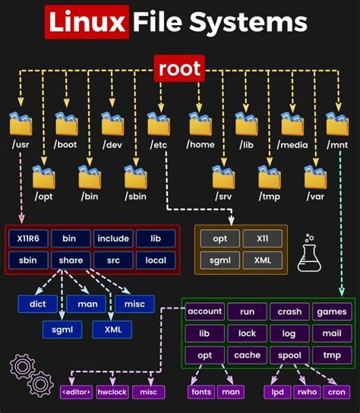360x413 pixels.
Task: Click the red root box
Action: pos(179,70)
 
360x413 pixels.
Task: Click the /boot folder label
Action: pos(66,144)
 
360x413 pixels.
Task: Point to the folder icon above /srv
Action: pos(223,177)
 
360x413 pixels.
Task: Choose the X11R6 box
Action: pos(28,238)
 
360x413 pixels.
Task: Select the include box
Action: pos(112,238)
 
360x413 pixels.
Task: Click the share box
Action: pos(71,260)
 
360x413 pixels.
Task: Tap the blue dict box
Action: pos(37,304)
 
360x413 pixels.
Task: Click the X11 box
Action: pos(263,238)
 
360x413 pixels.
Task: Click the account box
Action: pos(204,312)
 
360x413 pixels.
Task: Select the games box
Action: pos(332,312)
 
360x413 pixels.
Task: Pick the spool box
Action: pos(289,355)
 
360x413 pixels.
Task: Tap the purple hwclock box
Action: pos(112,392)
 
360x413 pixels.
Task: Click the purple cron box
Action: pos(335,392)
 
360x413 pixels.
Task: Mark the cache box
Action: pos(247,355)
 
